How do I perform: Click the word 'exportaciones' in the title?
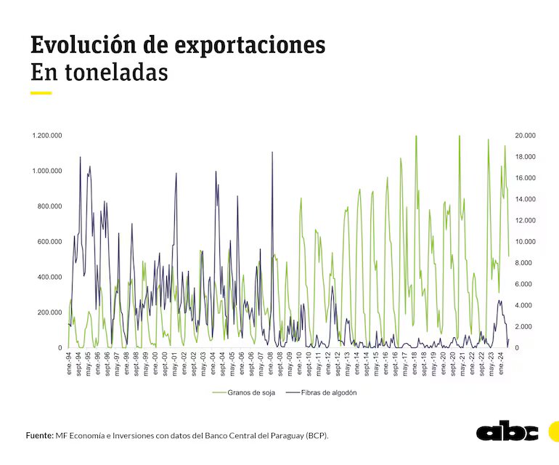pos(250,45)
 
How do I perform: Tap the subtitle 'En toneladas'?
pos(99,73)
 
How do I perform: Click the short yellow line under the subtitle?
pos(41,93)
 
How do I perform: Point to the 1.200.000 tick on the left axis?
pos(46,136)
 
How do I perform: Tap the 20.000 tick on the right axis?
pos(525,136)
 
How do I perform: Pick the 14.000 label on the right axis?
pos(525,199)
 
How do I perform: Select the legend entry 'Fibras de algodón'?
pos(320,392)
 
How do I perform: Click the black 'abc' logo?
pos(507,432)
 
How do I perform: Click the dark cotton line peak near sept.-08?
pos(272,153)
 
